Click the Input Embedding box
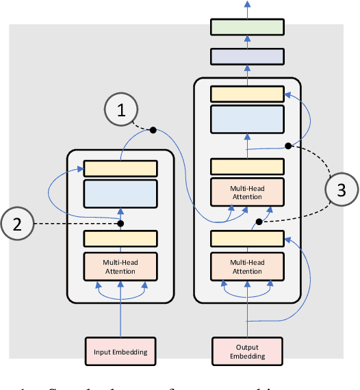pyautogui.click(x=120, y=352)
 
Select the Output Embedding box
pyautogui.click(x=247, y=352)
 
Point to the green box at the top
pyautogui.click(x=247, y=27)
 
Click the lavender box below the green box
pyautogui.click(x=247, y=57)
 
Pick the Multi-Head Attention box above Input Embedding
pyautogui.click(x=120, y=267)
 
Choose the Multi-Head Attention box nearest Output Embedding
pyautogui.click(x=247, y=267)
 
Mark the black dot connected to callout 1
pyautogui.click(x=153, y=129)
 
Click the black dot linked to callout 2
pyautogui.click(x=120, y=224)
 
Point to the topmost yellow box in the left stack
pyautogui.click(x=120, y=168)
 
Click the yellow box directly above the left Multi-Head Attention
pyautogui.click(x=120, y=238)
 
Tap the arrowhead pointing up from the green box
pyautogui.click(x=247, y=5)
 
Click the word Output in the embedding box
pyautogui.click(x=247, y=347)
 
